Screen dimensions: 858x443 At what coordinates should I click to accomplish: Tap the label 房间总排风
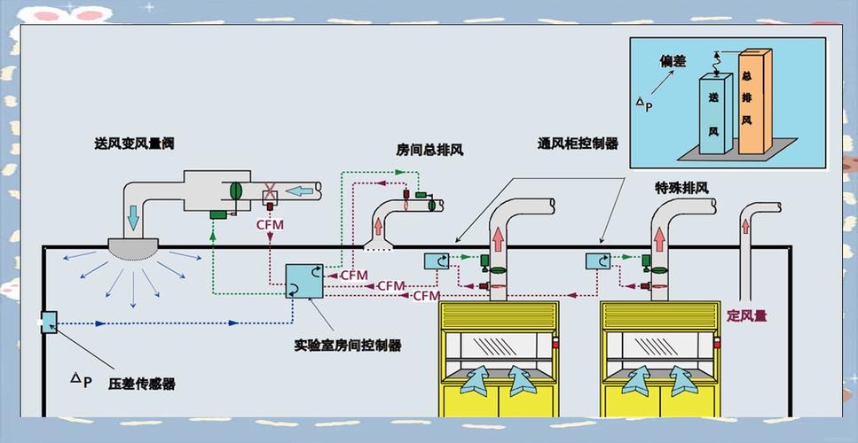click(x=430, y=150)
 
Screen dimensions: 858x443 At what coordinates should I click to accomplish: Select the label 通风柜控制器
click(x=578, y=144)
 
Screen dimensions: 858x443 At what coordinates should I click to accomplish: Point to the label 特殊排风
click(x=681, y=188)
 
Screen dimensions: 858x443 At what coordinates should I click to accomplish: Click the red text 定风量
click(x=747, y=315)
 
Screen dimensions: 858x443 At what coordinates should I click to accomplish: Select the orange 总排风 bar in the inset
click(x=754, y=102)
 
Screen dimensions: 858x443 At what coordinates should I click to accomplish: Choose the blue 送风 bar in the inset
click(x=715, y=113)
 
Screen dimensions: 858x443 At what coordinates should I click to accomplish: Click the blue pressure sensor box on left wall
click(x=49, y=323)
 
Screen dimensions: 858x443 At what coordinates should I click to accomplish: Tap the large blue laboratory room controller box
click(x=304, y=281)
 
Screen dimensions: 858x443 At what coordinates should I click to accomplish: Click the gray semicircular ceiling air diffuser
click(x=133, y=249)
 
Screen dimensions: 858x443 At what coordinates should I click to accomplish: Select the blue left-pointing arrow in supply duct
click(x=300, y=190)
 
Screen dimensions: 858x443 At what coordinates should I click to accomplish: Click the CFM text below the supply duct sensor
click(x=271, y=224)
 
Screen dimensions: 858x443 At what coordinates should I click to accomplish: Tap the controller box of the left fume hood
click(x=437, y=261)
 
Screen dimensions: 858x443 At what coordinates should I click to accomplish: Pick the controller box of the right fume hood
click(x=598, y=261)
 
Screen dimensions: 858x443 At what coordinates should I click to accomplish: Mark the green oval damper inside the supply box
click(x=236, y=190)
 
